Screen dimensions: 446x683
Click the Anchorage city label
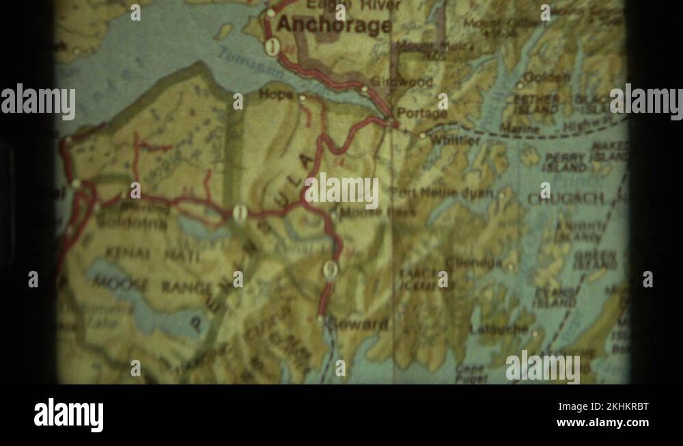tap(334, 26)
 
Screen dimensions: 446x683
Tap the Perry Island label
tap(565, 163)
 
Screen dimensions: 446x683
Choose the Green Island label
tap(596, 261)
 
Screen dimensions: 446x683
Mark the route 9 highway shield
tap(331, 270)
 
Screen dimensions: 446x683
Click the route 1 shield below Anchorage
tap(273, 47)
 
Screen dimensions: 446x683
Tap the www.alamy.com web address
tap(602, 423)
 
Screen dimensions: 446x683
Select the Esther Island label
tap(536, 104)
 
